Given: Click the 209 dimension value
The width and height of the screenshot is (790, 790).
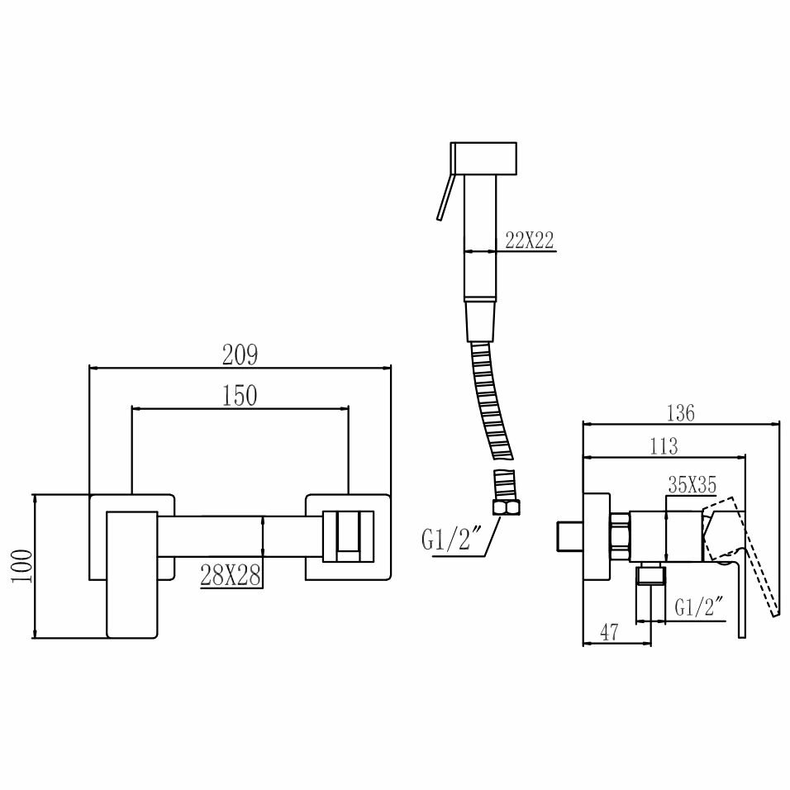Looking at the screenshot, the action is (x=240, y=355).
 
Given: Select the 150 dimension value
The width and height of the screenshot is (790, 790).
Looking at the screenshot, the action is (x=240, y=396).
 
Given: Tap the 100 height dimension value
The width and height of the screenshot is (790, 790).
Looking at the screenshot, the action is (x=22, y=566).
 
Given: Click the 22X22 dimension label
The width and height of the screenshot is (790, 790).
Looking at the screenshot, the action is (x=529, y=240).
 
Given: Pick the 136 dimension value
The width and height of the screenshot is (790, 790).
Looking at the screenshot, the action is (x=680, y=412).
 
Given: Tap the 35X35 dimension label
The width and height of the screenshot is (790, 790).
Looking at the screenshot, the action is (x=692, y=486).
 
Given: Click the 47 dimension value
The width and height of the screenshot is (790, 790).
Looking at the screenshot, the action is (x=609, y=633).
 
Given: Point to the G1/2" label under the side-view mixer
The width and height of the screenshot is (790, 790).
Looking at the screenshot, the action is (x=699, y=608).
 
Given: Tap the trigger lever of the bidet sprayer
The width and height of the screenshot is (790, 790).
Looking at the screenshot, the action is (x=445, y=197).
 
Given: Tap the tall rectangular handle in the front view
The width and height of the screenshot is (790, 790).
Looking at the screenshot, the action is (x=131, y=574).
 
